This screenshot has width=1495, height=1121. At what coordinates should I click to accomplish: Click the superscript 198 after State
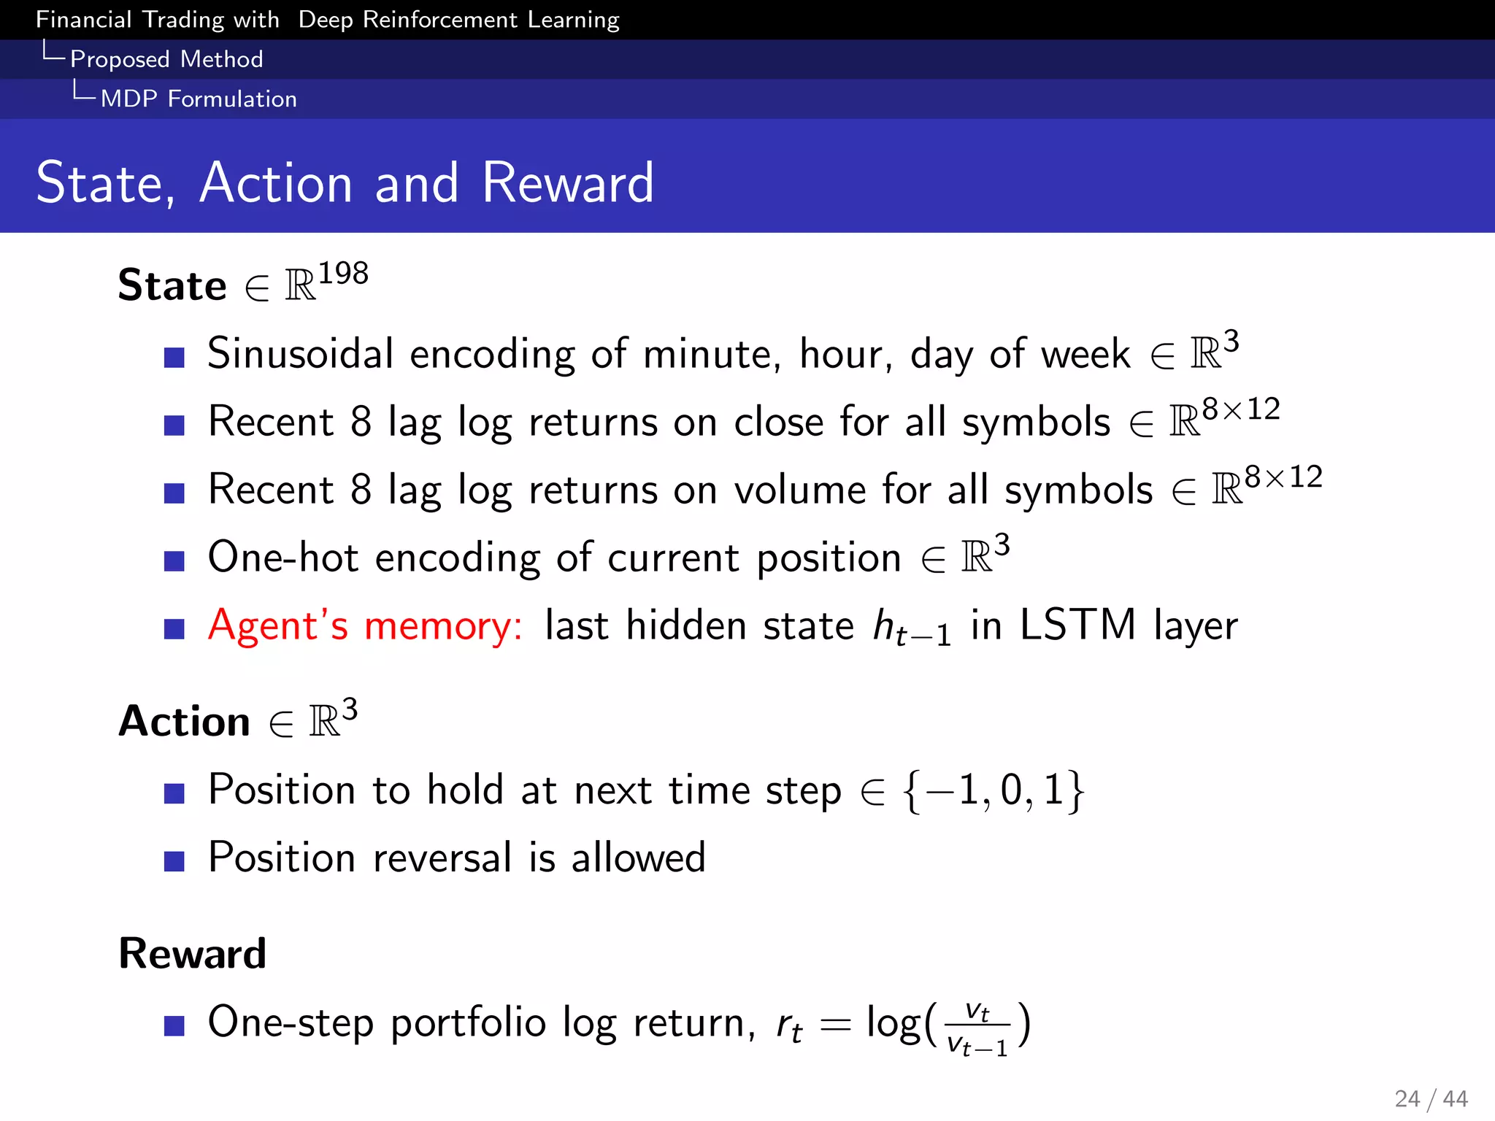tap(343, 274)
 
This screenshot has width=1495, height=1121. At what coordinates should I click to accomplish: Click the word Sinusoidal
tap(300, 354)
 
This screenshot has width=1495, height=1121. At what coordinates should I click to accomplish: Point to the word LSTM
tap(1077, 625)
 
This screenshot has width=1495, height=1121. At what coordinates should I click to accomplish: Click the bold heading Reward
tap(193, 953)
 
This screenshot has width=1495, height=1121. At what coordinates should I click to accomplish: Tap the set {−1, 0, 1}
tap(994, 790)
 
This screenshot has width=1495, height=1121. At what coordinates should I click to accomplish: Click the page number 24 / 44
tap(1430, 1098)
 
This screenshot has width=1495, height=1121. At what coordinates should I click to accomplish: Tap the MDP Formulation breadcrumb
tap(199, 99)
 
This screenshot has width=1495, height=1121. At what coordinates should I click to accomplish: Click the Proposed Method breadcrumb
tap(166, 59)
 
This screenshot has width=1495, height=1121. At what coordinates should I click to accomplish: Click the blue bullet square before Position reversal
tap(174, 862)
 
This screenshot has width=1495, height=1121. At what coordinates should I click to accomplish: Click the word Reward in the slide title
tap(567, 182)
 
